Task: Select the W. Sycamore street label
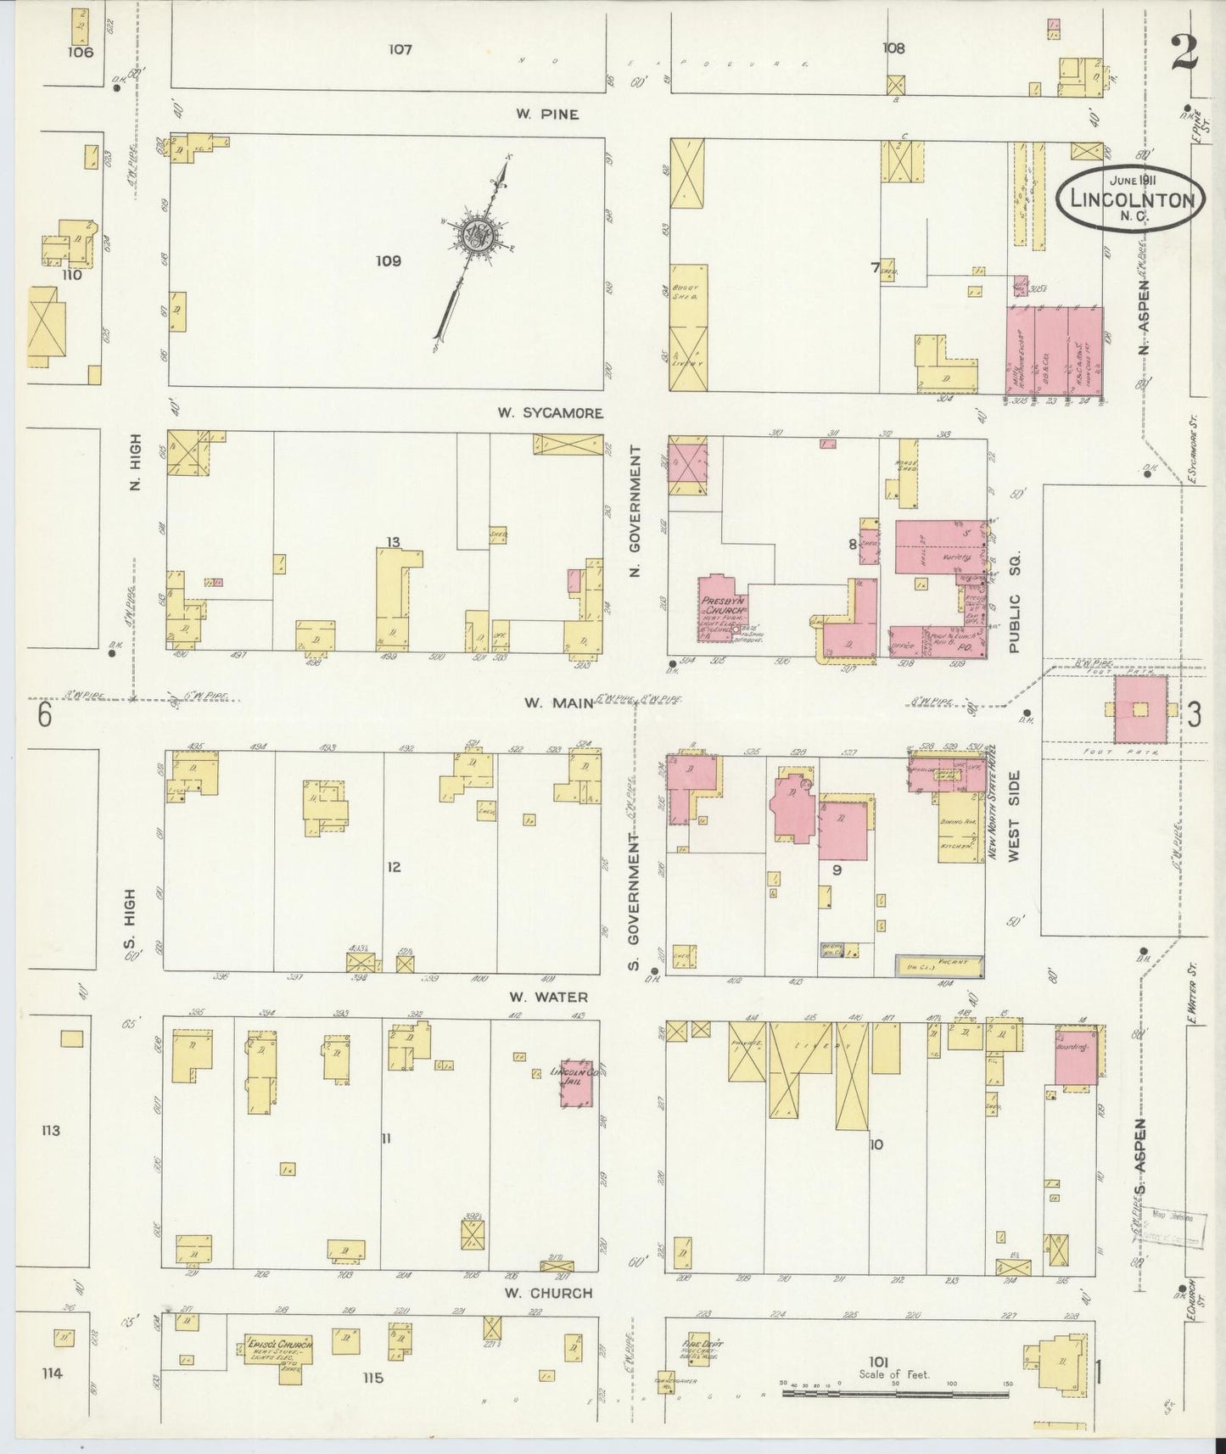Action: pyautogui.click(x=550, y=413)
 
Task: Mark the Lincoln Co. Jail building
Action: pyautogui.click(x=576, y=1083)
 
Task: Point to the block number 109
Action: pyautogui.click(x=388, y=261)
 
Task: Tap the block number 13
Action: pyautogui.click(x=392, y=542)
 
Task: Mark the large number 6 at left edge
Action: pyautogui.click(x=44, y=717)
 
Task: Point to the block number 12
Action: pyautogui.click(x=393, y=867)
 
